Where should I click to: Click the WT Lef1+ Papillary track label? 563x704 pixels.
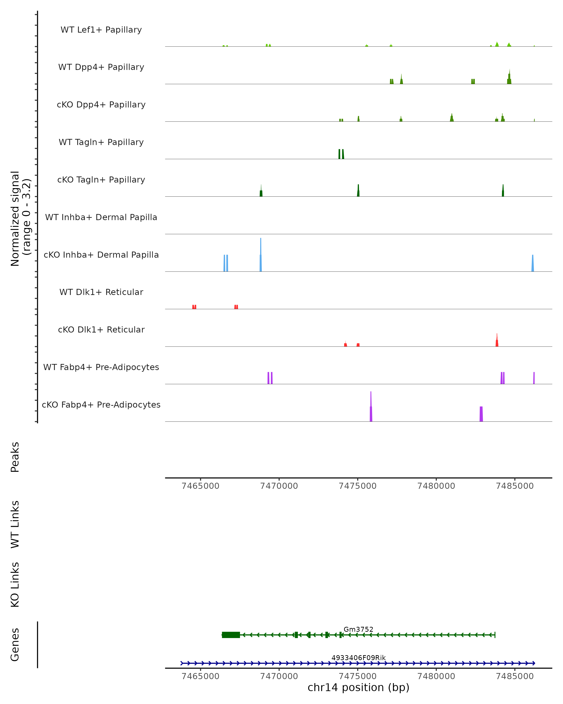(x=101, y=30)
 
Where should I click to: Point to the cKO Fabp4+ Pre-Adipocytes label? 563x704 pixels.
(x=101, y=405)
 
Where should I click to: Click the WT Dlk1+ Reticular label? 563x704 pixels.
(x=101, y=292)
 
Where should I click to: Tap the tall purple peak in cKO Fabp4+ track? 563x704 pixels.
(x=371, y=408)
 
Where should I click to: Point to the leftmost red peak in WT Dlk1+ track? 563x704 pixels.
(x=194, y=307)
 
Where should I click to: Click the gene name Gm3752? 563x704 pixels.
(x=358, y=629)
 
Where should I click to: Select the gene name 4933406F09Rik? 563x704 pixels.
(x=358, y=658)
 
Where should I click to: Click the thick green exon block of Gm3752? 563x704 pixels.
(x=231, y=635)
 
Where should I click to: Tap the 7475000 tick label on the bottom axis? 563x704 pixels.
(x=357, y=676)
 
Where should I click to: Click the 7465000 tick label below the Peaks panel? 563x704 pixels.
(x=200, y=486)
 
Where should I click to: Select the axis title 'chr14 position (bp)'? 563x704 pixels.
(x=358, y=688)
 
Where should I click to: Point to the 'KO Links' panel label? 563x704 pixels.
(x=15, y=585)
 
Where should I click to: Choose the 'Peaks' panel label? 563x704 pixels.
(x=15, y=457)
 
